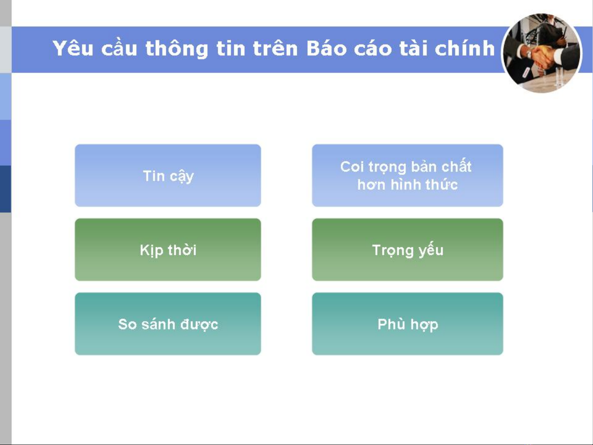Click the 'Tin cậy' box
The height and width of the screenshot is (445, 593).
point(168,176)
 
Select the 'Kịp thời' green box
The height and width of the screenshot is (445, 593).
point(168,249)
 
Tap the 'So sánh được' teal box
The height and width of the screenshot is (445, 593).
point(168,324)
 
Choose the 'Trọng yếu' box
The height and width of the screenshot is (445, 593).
point(407,249)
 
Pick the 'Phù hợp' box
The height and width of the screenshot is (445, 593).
point(407,324)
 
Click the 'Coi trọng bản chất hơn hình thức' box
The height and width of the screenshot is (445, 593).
point(407,176)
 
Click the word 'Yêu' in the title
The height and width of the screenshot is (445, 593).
point(73,48)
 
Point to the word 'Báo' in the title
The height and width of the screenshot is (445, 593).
point(326,48)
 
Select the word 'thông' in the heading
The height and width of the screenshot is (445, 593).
point(177,49)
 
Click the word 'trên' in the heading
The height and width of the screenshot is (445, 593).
point(275,48)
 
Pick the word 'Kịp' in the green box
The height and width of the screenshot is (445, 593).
point(151,251)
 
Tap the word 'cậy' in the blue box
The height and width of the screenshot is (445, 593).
point(182,177)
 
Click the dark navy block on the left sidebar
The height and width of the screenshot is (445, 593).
point(5,189)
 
